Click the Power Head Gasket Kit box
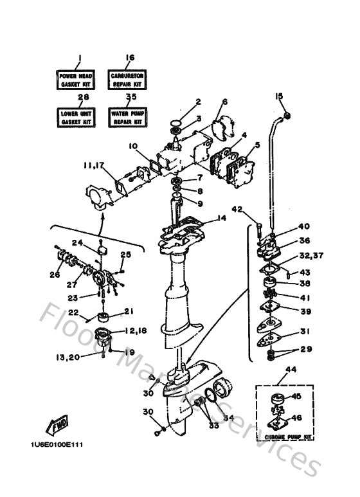coord(78,79)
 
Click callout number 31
coord(303,332)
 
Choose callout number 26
coord(55,275)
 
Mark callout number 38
coord(304,283)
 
